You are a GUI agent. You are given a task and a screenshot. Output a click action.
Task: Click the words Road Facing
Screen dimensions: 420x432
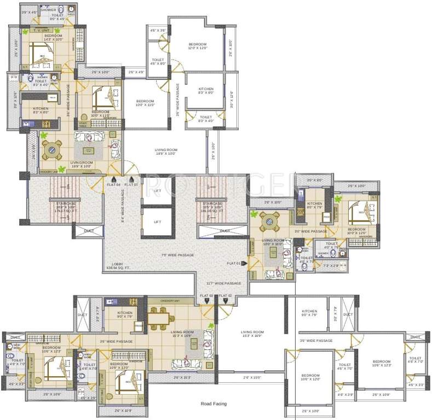[x=213, y=404]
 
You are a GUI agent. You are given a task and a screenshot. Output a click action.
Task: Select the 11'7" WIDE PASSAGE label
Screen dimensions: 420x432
[x=223, y=283]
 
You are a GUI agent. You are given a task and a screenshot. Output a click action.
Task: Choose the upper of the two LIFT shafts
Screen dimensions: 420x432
[x=158, y=191]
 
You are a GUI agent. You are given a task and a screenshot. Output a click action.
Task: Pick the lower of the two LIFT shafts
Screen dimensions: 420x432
[x=158, y=222]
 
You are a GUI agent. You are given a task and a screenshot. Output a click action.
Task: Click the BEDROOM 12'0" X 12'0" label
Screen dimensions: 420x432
[x=198, y=46]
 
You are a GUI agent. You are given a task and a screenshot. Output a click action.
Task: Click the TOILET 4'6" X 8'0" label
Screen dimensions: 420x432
[x=158, y=61]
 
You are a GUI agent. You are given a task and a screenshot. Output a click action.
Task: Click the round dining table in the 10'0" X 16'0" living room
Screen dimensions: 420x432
[x=268, y=221]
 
